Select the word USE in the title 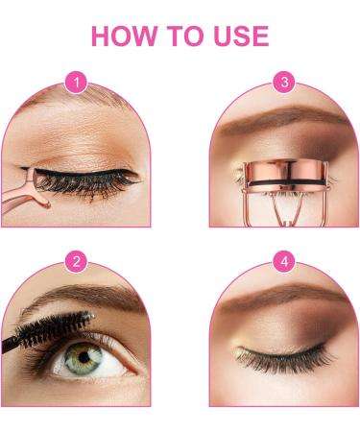[x=241, y=36]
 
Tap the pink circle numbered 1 [x=76, y=83]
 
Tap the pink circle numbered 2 [x=76, y=261]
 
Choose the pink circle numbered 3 [x=284, y=82]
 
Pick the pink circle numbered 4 [x=284, y=261]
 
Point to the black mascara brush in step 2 [x=48, y=331]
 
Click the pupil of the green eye [x=84, y=357]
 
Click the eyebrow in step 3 [x=281, y=120]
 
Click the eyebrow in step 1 [x=77, y=96]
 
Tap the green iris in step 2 [x=84, y=357]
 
